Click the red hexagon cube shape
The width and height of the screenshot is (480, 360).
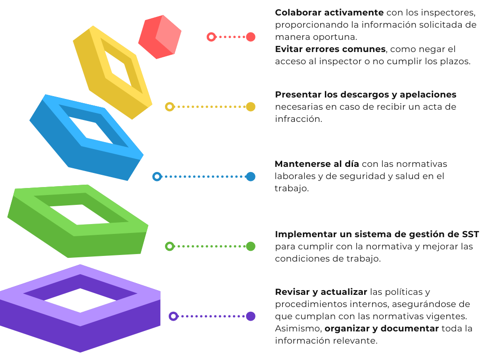(159, 37)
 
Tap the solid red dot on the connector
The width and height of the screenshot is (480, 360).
(251, 37)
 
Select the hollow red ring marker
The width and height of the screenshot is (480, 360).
(211, 37)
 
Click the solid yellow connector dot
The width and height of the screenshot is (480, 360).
(251, 107)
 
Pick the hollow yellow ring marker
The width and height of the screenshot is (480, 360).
(170, 107)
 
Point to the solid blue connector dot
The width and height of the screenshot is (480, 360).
(251, 177)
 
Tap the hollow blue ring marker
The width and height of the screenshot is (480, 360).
(157, 177)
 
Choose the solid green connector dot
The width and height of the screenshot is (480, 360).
(251, 246)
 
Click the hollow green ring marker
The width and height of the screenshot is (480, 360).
(170, 246)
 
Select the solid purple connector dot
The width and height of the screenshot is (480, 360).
(251, 316)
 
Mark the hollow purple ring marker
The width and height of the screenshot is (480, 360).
(173, 316)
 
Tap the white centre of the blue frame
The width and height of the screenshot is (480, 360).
(91, 129)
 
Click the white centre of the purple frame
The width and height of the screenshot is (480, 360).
(80, 300)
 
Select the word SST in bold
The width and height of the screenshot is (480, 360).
(470, 234)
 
